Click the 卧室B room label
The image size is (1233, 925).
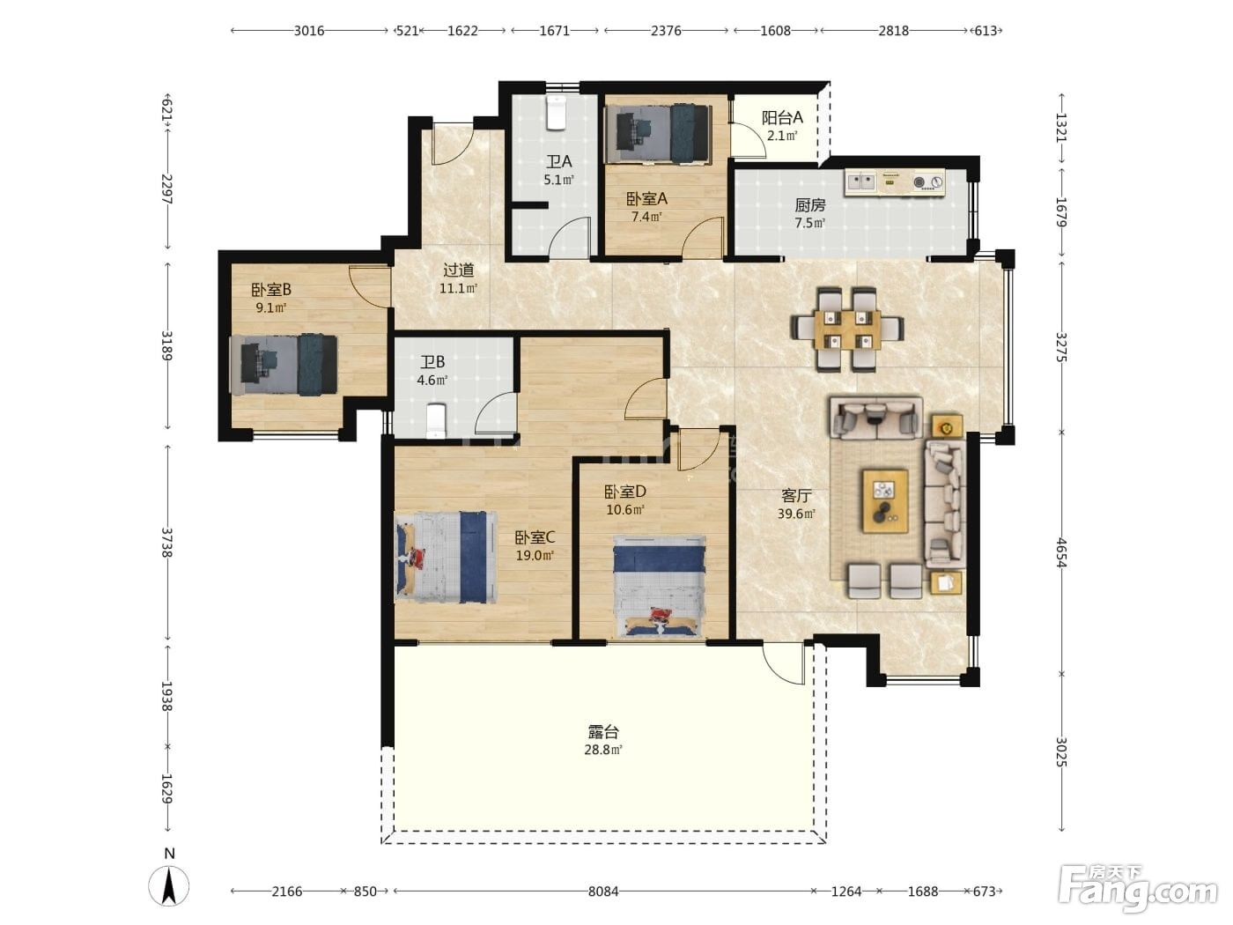coord(270,290)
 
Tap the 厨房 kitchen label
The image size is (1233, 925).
coord(810,205)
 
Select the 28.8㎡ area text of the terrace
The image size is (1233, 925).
coord(603,750)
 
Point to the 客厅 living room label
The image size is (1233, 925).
coord(796,496)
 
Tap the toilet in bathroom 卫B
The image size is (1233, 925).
coord(436,421)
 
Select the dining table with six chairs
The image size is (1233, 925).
coord(847,329)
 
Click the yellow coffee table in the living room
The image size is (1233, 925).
coord(885,501)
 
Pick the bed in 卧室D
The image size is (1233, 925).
coord(660,586)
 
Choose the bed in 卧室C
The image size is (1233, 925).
coord(446,557)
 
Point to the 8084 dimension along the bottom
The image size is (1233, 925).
coord(603,892)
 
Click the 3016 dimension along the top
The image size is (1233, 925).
coord(309,31)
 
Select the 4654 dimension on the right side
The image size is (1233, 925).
coord(1061,552)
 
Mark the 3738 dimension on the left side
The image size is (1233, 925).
coord(166,543)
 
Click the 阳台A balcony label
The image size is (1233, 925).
coord(782,117)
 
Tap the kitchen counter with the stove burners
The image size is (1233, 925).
coord(895,182)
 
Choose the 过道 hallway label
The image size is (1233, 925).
coord(458,270)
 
